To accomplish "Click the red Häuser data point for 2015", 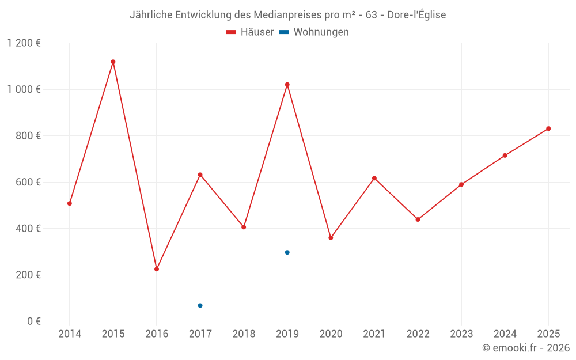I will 113,62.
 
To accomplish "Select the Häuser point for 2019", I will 287,85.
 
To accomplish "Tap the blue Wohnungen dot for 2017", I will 200,305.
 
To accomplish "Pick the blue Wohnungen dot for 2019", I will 287,252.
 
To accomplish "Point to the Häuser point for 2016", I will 157,269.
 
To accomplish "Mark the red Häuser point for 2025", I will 548,128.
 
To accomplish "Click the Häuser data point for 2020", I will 331,238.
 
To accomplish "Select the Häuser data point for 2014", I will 70,203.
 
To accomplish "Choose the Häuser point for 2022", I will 418,219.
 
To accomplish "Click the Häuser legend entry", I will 250,32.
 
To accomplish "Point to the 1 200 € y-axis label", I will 24,43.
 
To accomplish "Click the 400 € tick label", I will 29,229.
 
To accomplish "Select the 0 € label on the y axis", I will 34,321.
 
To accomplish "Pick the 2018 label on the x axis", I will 244,334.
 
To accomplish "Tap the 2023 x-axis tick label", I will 461,334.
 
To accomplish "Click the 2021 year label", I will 374,334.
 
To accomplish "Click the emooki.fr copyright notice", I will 525,348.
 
